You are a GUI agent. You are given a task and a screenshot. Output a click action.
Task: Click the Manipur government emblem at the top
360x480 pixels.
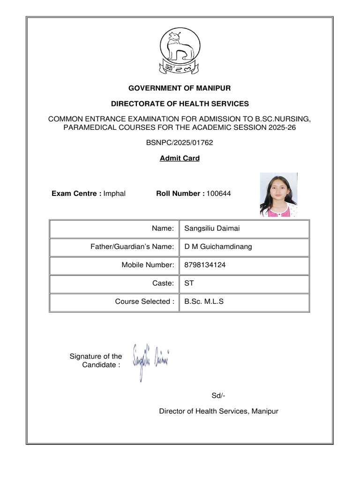click(180, 51)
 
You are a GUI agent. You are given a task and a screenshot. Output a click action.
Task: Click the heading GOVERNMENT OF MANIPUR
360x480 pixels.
click(180, 88)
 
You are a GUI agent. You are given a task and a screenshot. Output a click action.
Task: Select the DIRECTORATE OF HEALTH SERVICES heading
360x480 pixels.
click(180, 104)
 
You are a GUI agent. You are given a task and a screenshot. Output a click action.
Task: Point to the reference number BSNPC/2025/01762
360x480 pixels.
click(180, 142)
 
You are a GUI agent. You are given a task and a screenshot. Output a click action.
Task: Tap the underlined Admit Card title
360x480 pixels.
click(180, 158)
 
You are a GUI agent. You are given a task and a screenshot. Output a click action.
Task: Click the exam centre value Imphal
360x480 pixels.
click(114, 194)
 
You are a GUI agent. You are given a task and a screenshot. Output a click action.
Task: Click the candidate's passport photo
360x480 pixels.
click(278, 195)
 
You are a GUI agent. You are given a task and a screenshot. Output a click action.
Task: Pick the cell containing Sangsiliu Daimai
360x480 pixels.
click(244, 228)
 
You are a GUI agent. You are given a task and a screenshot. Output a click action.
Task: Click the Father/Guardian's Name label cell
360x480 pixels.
click(114, 247)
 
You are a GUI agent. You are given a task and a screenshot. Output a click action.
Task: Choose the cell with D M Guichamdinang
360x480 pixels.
click(244, 247)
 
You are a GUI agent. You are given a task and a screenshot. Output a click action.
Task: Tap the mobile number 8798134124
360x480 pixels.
click(205, 265)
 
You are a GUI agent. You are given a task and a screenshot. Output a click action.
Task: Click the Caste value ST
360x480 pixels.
click(189, 283)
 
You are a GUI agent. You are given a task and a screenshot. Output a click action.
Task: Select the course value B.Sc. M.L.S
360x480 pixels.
click(204, 301)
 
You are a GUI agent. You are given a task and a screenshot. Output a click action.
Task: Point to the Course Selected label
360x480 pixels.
click(144, 301)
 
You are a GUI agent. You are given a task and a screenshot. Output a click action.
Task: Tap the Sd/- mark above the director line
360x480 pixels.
click(218, 396)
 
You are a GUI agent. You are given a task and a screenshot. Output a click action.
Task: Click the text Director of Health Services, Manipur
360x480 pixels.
click(218, 412)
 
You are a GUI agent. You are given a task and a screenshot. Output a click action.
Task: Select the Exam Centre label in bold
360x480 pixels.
click(76, 194)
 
